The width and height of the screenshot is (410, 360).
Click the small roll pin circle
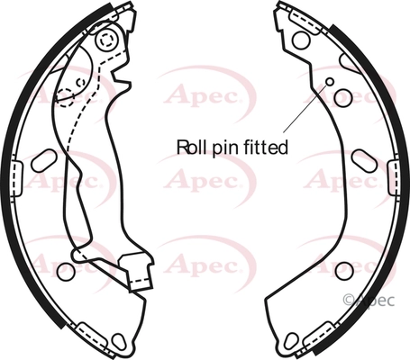pos(330,81)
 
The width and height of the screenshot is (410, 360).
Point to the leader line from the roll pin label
pos(305,108)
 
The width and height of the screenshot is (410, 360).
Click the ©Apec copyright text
pos(369,300)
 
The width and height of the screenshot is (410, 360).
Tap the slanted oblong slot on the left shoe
pos(44,161)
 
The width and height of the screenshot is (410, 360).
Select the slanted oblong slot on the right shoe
pos(364,161)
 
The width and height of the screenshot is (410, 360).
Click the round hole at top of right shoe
pos(301,40)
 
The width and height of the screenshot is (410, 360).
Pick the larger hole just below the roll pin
pos(342,98)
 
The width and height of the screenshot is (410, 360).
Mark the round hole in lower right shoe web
pos(344,271)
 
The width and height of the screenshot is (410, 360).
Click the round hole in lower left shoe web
pos(66,272)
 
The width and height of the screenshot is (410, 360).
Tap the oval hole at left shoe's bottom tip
pos(118,341)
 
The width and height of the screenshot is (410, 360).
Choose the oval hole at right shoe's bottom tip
pos(291,340)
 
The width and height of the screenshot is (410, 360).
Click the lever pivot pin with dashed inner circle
pos(106,40)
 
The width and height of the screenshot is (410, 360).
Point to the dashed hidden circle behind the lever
pos(66,97)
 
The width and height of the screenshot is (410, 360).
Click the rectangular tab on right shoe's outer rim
pos(394,177)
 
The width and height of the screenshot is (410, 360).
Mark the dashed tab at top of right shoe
pos(304,22)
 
